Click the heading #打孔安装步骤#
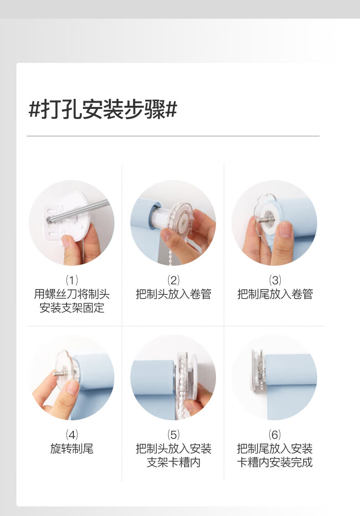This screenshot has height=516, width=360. click(x=103, y=109)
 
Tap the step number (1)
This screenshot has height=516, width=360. click(x=72, y=280)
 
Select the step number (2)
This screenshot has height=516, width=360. click(x=174, y=280)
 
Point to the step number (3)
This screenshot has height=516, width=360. click(x=275, y=280)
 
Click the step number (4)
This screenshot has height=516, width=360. click(x=72, y=435)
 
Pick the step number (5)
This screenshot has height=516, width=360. click(x=174, y=435)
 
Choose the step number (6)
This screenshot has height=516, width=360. click(x=275, y=435)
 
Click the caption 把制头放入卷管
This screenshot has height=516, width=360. click(x=174, y=294)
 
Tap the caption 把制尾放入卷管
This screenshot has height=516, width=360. click(x=275, y=294)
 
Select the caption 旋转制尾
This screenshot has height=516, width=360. click(x=72, y=449)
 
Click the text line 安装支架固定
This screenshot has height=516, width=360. click(x=72, y=308)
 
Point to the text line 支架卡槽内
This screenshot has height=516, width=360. click(x=174, y=462)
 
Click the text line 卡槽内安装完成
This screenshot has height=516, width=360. click(x=275, y=462)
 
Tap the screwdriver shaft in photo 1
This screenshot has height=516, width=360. click(x=79, y=211)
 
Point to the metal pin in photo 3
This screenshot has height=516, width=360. click(x=265, y=220)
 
